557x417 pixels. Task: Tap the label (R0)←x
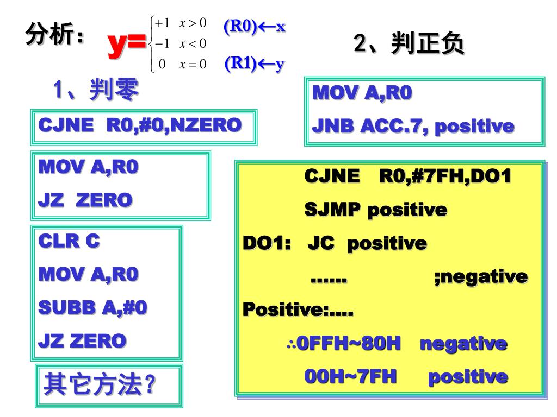pos(254,26)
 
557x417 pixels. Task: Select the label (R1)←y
pos(255,64)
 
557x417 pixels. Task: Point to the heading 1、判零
pos(95,90)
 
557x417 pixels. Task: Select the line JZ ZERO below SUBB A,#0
pos(82,341)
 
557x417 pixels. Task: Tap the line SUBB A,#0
pos(92,307)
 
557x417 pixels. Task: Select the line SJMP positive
pos(375,209)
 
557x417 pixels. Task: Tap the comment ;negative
pos(481,276)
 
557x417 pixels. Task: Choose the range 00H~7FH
pos(350,376)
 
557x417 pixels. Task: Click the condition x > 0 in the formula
pos(194,22)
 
